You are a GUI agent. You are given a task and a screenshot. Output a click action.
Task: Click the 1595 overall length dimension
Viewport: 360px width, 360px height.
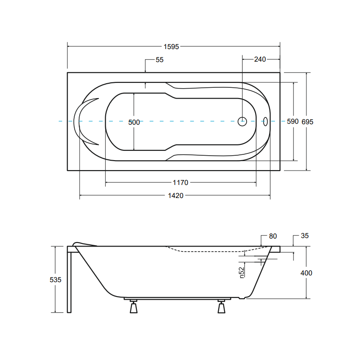(x=171, y=47)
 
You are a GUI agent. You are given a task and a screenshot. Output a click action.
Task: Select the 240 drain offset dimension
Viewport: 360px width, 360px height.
(x=260, y=59)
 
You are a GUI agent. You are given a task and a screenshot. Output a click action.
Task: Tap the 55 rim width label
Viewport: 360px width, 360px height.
(x=159, y=60)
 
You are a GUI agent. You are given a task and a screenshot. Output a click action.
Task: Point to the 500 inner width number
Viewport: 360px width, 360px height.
(x=134, y=122)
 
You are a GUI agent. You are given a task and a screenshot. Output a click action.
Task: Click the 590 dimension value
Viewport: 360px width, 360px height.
(x=292, y=121)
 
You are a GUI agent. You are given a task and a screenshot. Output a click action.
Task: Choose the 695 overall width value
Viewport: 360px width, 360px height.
(x=307, y=121)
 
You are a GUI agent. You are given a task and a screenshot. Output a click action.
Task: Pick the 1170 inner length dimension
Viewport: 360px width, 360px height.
(x=180, y=183)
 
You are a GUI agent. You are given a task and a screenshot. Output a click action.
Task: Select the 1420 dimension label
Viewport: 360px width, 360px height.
(x=175, y=196)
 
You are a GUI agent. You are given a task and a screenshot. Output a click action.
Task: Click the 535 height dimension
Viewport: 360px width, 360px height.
(x=55, y=279)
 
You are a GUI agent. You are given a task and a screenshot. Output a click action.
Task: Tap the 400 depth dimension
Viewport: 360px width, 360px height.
(x=306, y=273)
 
